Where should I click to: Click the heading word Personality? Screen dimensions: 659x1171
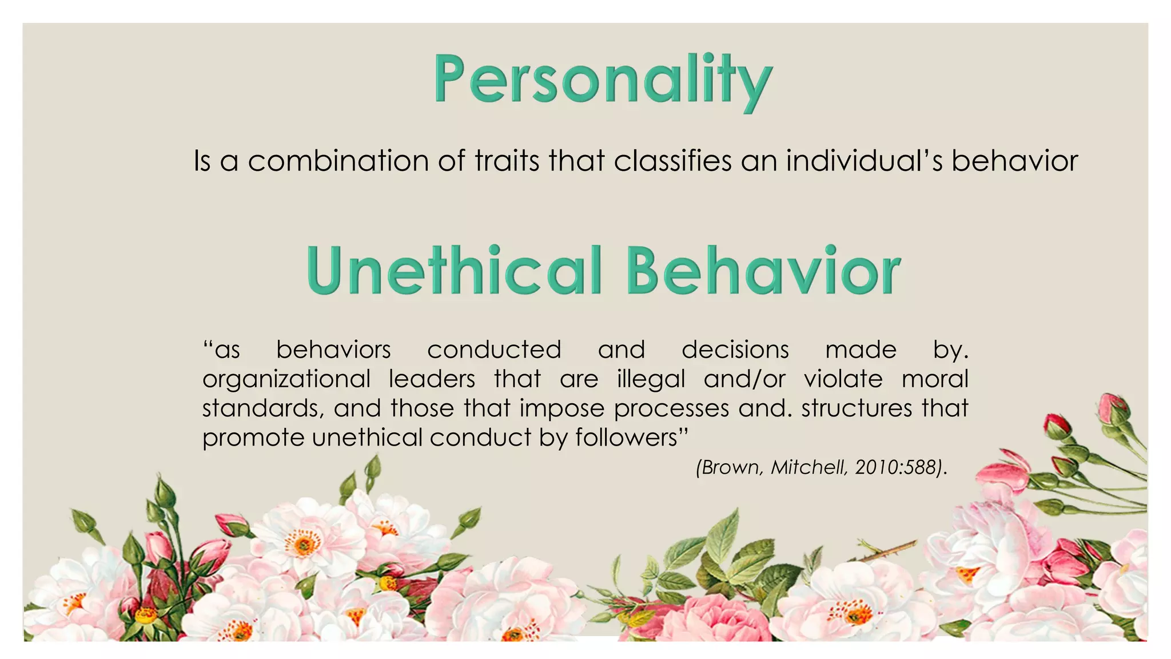(x=603, y=80)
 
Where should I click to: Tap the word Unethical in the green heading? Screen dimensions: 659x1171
(x=455, y=270)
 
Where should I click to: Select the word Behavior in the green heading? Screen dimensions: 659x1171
(x=763, y=270)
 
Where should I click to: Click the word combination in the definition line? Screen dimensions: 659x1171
(x=338, y=161)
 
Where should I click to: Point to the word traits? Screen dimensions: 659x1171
(x=507, y=161)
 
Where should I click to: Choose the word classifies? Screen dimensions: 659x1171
(x=672, y=161)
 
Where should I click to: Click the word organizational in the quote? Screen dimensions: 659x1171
(x=286, y=380)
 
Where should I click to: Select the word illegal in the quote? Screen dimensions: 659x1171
(x=651, y=380)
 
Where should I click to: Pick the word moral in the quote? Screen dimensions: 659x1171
(x=935, y=379)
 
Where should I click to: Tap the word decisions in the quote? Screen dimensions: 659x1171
(x=735, y=350)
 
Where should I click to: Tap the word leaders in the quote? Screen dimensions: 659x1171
(x=432, y=379)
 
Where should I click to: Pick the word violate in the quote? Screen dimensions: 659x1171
(x=843, y=379)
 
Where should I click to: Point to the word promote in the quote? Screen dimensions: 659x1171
(x=253, y=438)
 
